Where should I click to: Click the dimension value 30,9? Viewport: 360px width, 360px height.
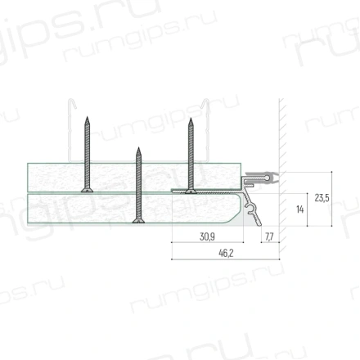207,236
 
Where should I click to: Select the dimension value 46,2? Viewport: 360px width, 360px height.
226,254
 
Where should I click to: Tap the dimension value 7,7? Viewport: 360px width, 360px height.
269,236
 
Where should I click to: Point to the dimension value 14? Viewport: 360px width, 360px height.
299,209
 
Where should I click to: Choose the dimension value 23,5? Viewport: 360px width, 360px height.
322,198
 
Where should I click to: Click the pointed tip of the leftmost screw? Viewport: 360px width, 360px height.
87,117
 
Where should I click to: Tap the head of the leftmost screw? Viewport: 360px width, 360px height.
87,190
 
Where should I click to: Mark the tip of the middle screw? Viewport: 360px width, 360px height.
138,148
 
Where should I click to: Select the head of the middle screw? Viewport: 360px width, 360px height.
138,221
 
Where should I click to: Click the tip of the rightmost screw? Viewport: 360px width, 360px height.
191,119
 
